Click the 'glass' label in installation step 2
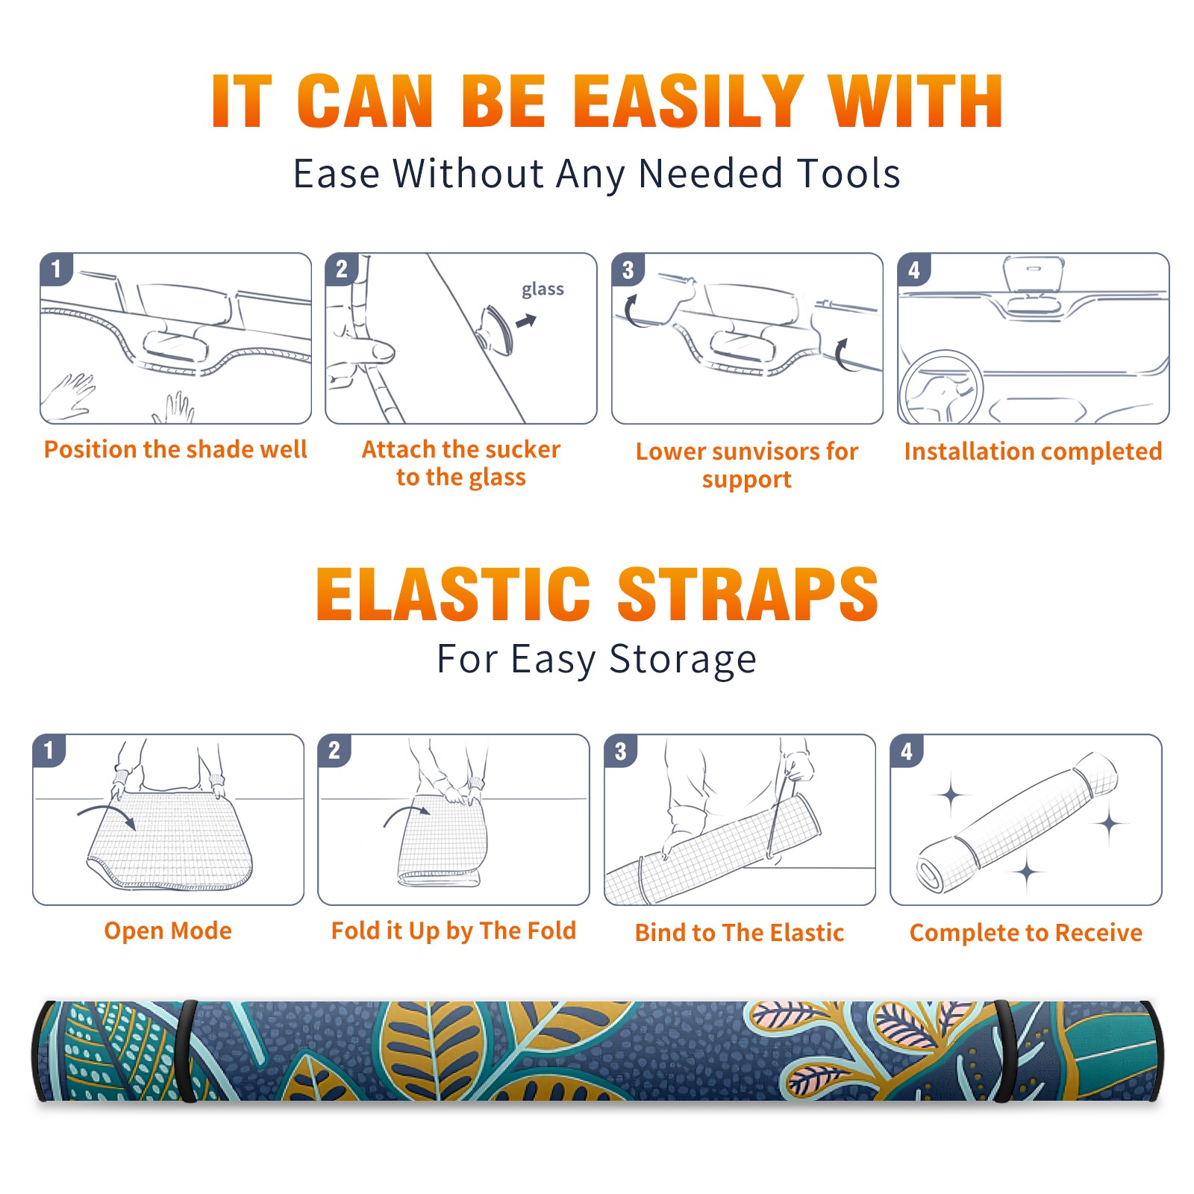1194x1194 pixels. pos(543,290)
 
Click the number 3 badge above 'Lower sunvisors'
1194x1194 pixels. pos(628,269)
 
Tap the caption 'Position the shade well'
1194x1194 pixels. pos(175,449)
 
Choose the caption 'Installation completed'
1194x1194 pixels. pos(1033,451)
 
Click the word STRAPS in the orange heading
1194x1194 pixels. pos(748,594)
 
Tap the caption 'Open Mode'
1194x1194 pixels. pos(168,931)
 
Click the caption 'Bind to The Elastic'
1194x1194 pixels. pos(740,933)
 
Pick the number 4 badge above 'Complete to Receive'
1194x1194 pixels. pos(907,751)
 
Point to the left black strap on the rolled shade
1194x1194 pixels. pos(188,1051)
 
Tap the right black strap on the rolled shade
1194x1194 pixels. pos(1004,1051)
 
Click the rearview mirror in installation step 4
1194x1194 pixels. pos(1034,275)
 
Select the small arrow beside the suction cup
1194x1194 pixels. pos(527,321)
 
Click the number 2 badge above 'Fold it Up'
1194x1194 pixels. pos(334,751)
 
